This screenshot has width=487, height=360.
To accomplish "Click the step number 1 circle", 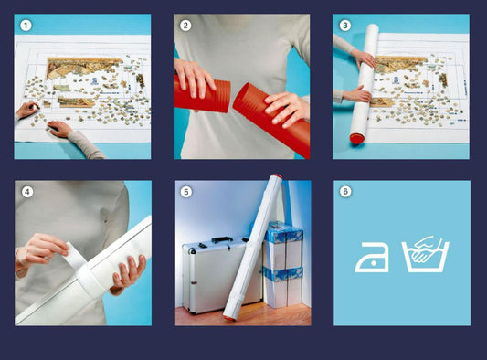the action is point(26,26).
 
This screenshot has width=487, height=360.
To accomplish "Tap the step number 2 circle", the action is point(185,26).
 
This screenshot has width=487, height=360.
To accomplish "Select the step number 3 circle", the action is point(344,26).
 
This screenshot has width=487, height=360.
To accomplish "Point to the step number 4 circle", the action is point(27,192).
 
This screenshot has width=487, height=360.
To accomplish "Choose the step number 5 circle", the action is point(186,192).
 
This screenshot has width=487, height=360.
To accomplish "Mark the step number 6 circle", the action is point(345,191).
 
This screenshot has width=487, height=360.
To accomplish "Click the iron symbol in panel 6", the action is point(372,258).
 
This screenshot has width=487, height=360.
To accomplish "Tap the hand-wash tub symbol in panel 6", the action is point(426,255).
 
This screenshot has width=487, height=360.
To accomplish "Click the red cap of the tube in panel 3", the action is point(357,138).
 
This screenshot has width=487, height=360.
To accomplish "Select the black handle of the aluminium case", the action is point(222,239).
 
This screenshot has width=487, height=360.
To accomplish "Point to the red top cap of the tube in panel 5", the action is point(276,176).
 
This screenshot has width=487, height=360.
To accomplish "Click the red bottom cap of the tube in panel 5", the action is point(229,318).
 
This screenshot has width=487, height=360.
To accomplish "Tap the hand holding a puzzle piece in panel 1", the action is point(27,110).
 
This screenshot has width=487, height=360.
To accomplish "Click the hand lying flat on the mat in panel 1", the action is point(60,128).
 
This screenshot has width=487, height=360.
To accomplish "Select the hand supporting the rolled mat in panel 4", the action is point(129,271).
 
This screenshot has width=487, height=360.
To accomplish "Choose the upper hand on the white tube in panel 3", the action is point(364,58).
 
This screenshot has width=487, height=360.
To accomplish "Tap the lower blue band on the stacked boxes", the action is point(282,274).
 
